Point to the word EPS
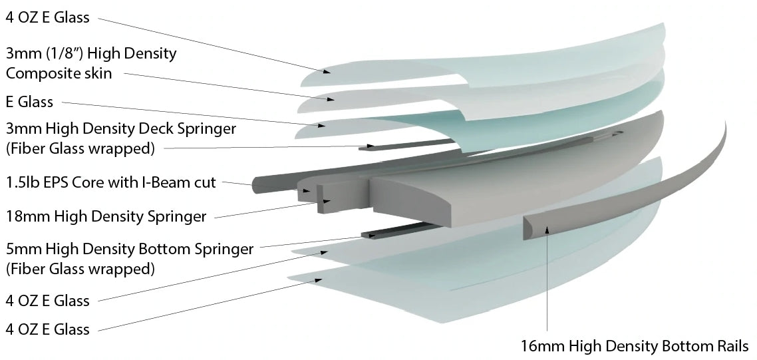pos(69,182)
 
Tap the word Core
pos(104,182)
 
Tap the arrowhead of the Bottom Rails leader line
pos(547,229)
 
